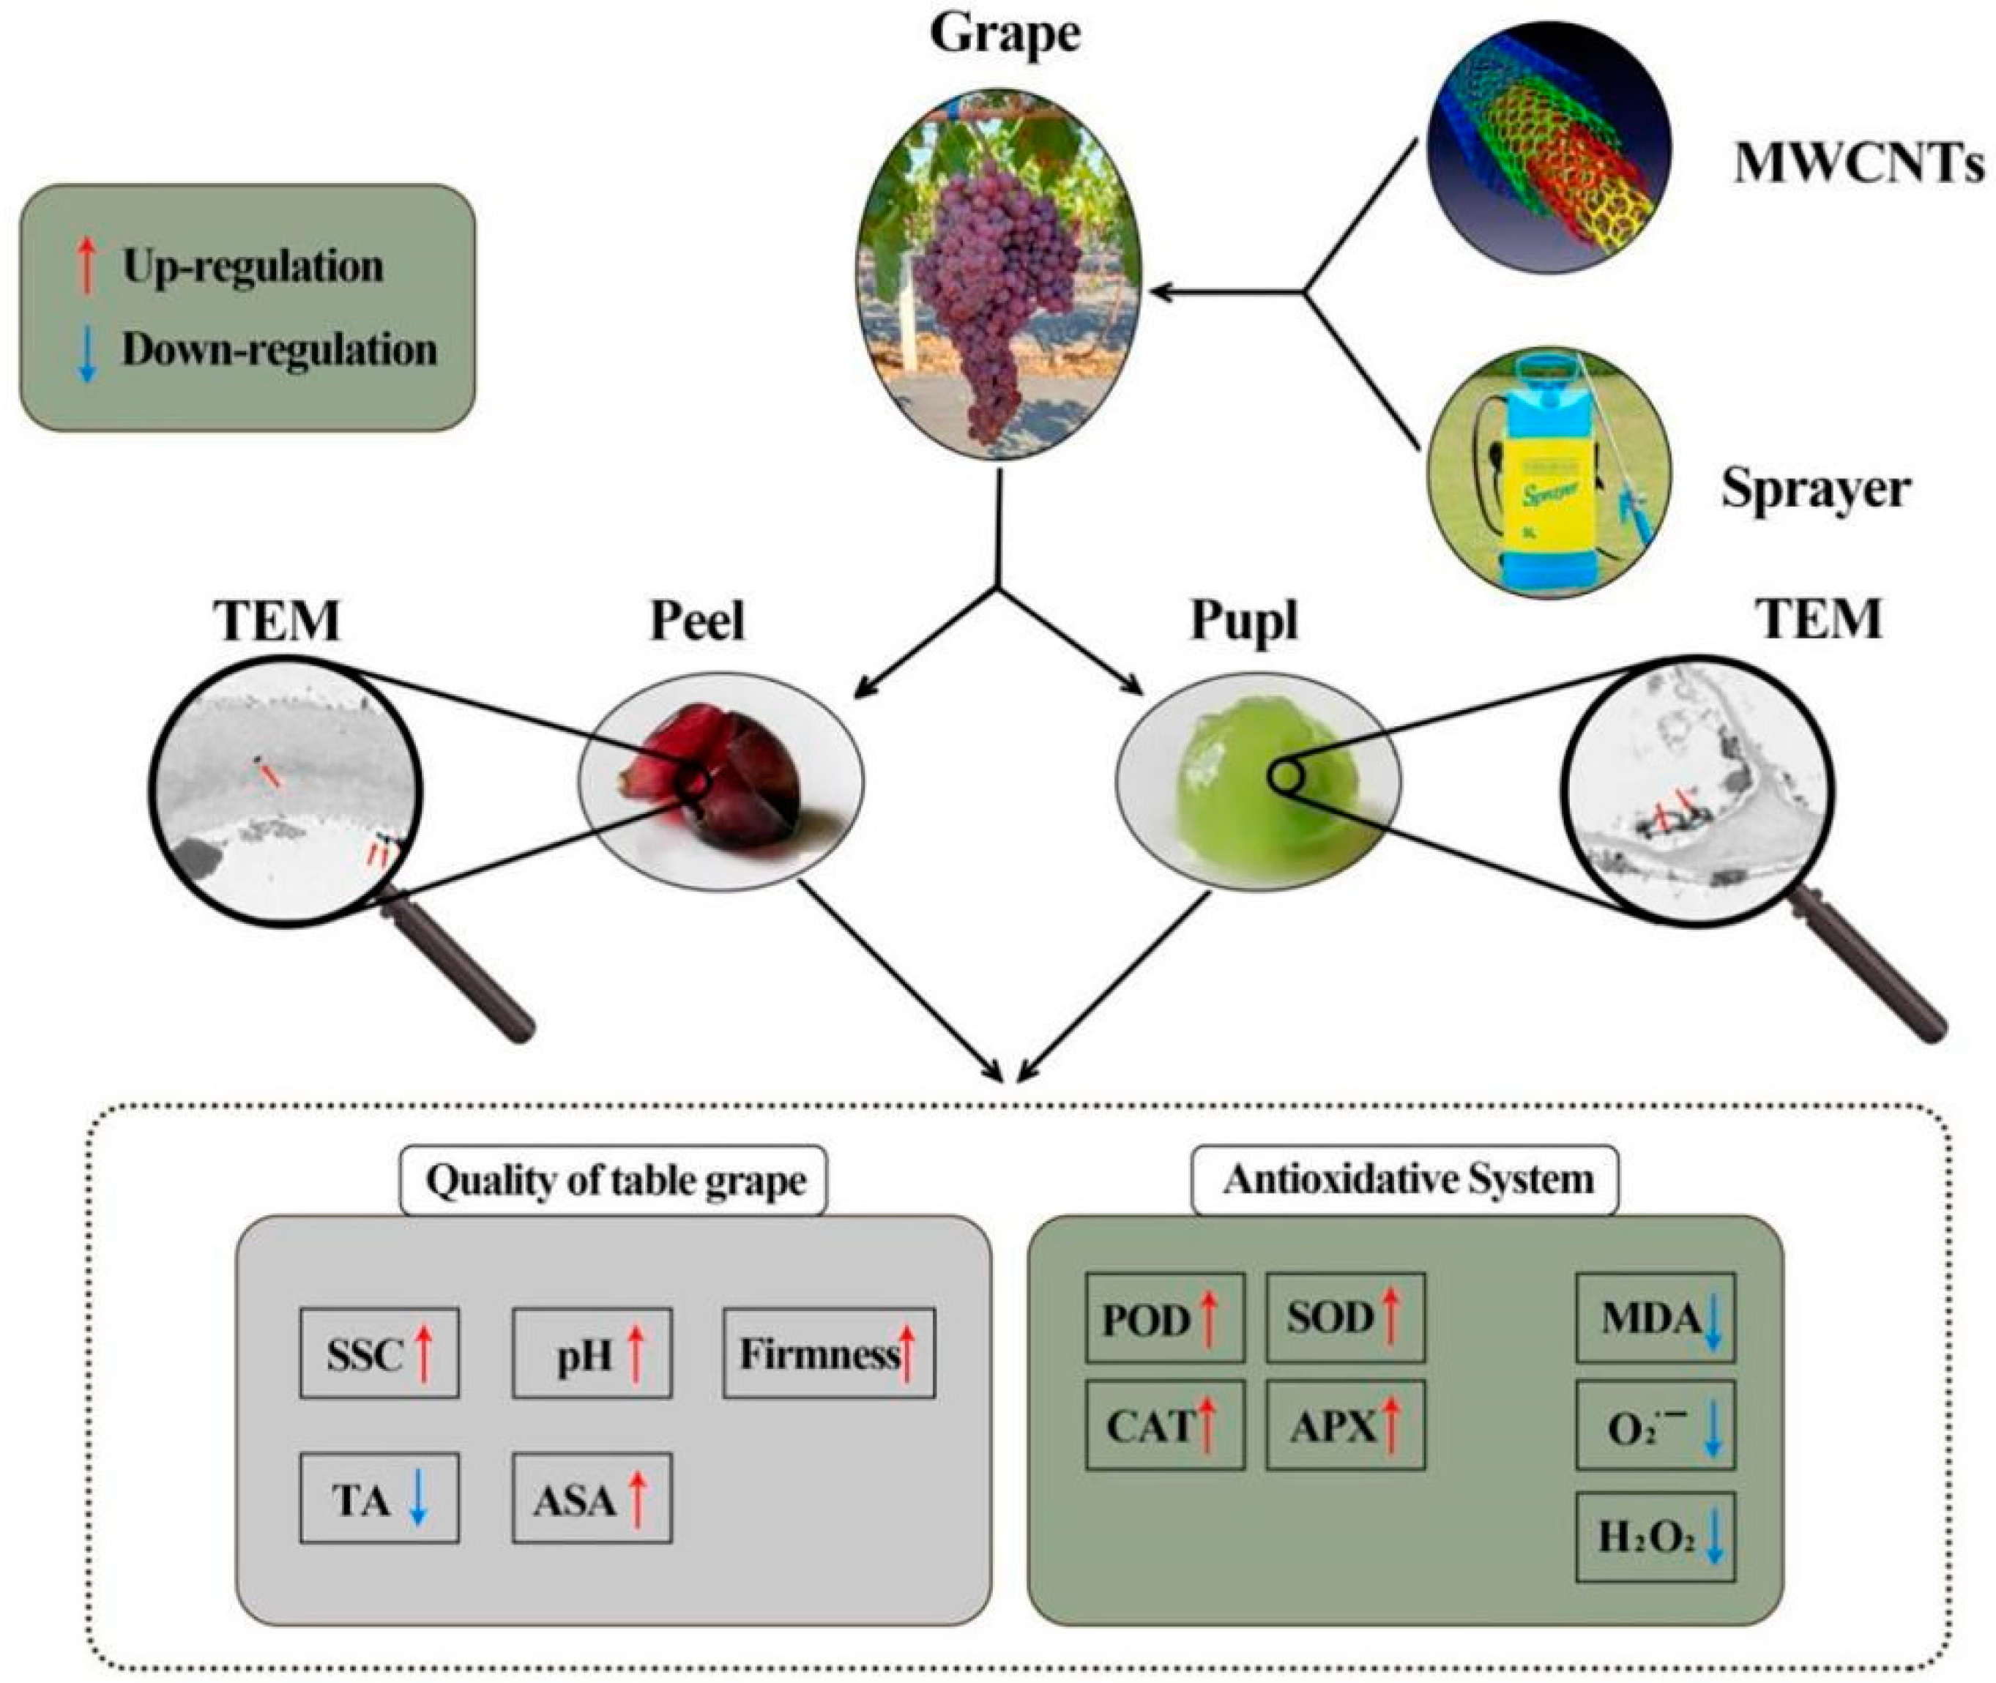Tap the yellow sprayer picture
1549,472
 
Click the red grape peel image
720,781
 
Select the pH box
592,1353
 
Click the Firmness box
829,1353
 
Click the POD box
1165,1317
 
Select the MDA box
1656,1317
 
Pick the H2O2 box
1656,1537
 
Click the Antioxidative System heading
1408,1179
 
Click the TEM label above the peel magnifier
278,620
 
